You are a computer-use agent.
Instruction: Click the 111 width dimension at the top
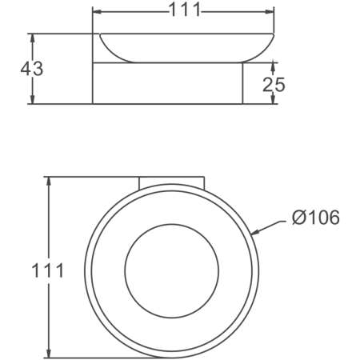coord(185,10)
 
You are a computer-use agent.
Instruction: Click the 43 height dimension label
coord(32,69)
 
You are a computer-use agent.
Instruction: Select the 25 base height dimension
coord(274,85)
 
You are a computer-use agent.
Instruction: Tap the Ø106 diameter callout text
coord(316,218)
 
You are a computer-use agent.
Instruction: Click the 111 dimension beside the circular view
coord(48,270)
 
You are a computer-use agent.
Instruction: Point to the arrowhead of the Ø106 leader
coord(255,233)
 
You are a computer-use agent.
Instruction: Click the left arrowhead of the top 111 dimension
coord(97,12)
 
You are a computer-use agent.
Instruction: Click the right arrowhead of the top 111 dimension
coord(270,11)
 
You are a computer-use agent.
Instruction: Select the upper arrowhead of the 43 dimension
coord(32,38)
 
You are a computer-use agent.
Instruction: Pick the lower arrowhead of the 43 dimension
coord(32,99)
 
